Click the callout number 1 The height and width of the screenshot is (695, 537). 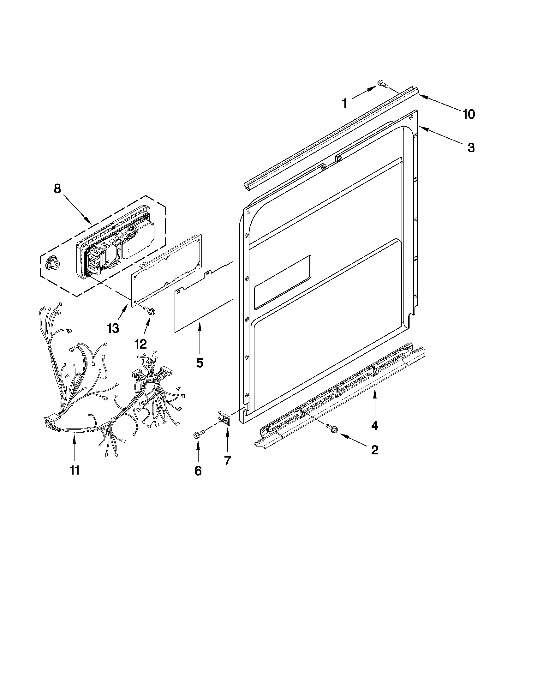[x=344, y=103]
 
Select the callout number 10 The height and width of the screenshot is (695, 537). [x=468, y=114]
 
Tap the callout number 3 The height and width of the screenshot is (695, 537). [x=471, y=148]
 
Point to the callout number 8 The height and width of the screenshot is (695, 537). [x=57, y=189]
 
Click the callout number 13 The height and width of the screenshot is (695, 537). [x=113, y=328]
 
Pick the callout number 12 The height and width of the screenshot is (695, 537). [x=140, y=344]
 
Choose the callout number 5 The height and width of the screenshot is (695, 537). [x=200, y=363]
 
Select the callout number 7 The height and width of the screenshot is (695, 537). [x=228, y=460]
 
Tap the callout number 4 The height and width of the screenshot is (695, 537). [x=375, y=425]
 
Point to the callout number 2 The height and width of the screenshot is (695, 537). [x=375, y=450]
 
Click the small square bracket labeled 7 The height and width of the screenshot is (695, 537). [x=225, y=417]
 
